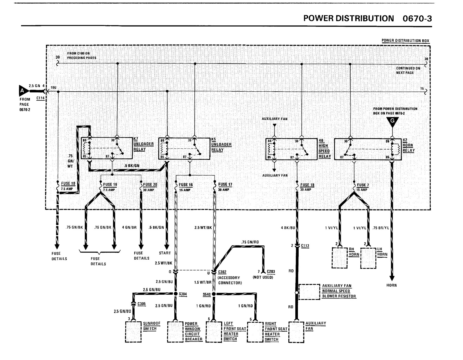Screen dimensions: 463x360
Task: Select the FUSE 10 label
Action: (68, 183)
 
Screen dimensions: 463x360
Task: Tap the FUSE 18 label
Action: (307, 185)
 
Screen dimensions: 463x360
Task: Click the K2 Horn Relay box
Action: (368, 149)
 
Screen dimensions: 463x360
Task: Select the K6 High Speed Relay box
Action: (291, 149)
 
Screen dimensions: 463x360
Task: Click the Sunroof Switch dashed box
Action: (133, 332)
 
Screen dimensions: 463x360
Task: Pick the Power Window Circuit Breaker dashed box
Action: (175, 332)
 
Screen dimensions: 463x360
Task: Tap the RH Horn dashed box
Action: (340, 258)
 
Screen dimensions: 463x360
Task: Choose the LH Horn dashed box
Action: (368, 258)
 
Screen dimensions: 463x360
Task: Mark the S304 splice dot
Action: (176, 293)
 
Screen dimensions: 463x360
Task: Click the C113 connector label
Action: (305, 246)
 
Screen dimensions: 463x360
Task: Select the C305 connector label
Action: (141, 304)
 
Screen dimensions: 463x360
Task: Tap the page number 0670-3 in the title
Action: (417, 19)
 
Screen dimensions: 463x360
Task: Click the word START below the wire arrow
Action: (165, 253)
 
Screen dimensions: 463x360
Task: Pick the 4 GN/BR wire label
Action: (129, 227)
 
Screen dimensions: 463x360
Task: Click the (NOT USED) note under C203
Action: (263, 277)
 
